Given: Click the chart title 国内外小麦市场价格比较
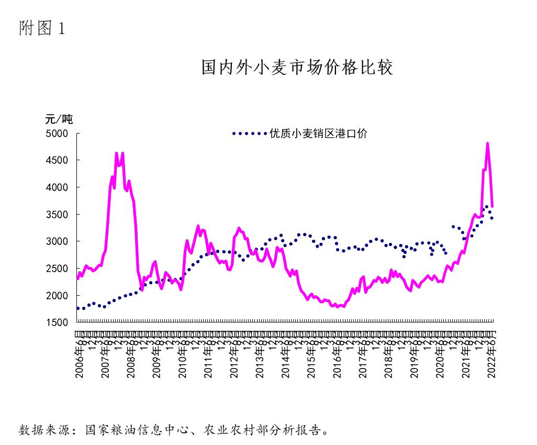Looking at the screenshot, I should click(297, 68).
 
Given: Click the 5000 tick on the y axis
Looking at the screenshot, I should click(58, 133).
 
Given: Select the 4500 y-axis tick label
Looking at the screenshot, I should click(58, 160).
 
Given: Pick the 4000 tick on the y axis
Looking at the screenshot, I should click(58, 187).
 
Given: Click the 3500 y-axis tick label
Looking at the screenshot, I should click(58, 215).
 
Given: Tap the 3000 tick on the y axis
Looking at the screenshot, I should click(58, 241).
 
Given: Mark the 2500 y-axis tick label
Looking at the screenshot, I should click(58, 269).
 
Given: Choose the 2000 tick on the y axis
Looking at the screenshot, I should click(58, 296).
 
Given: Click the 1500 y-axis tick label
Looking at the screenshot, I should click(58, 323).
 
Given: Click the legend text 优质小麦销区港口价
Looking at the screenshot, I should click(318, 133).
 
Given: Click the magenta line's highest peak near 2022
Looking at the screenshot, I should click(487, 143).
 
